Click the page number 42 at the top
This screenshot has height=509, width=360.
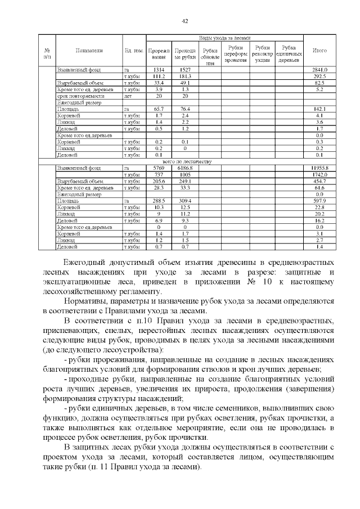(184, 21)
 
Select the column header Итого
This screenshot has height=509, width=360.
(319, 51)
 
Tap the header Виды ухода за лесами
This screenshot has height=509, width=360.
(224, 37)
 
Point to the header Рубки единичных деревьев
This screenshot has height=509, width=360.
(289, 53)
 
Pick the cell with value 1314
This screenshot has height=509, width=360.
(159, 69)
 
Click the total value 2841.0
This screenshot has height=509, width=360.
(319, 69)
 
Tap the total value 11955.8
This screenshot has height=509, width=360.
(319, 168)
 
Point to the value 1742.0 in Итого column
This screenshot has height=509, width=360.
(319, 174)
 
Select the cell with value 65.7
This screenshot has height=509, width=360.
(159, 109)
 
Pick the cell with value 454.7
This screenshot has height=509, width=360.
(319, 181)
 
